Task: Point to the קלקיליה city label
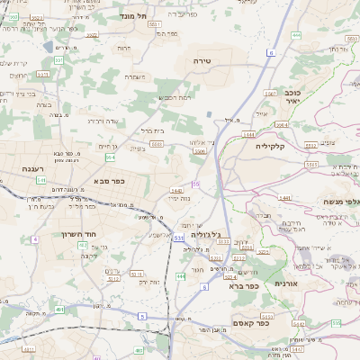coord(270,145)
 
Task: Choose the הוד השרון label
coord(92,233)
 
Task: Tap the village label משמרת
coord(135,76)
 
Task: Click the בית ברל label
coord(152,130)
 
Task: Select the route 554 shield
coord(110,157)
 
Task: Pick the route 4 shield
coord(35,238)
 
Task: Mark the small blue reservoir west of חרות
coord(48,45)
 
